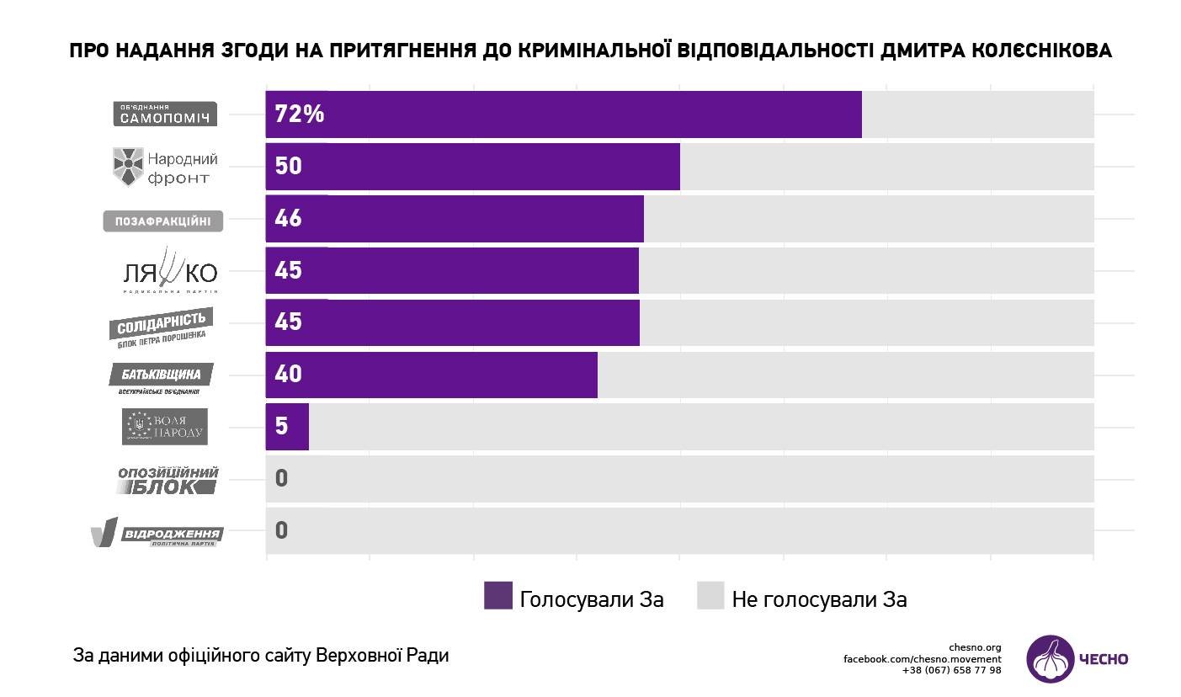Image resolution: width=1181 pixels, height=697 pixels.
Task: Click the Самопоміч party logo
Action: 165,114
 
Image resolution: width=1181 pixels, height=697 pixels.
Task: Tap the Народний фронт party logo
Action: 166,167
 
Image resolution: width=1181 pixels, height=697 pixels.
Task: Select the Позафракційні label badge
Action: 163,221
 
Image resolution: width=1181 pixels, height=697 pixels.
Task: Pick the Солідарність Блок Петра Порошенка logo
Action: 161,327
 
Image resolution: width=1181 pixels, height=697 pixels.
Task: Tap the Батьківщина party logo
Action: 161,377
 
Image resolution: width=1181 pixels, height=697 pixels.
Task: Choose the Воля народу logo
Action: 165,427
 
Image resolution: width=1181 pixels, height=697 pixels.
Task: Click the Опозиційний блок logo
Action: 168,480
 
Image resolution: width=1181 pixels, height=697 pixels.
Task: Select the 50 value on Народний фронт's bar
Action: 288,167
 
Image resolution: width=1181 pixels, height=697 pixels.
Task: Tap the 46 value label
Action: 288,219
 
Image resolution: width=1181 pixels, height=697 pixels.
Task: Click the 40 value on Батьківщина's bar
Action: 288,374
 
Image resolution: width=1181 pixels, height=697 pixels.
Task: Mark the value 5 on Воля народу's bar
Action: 281,426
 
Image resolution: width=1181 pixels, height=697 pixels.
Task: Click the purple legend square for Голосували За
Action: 498,596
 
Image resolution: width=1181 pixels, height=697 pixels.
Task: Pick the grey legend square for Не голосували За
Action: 710,596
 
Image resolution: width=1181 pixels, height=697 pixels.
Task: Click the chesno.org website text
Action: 975,647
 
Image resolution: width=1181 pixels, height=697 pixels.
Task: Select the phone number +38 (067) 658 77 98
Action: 951,670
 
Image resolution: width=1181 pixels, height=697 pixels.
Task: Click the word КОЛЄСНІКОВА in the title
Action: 1035,51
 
